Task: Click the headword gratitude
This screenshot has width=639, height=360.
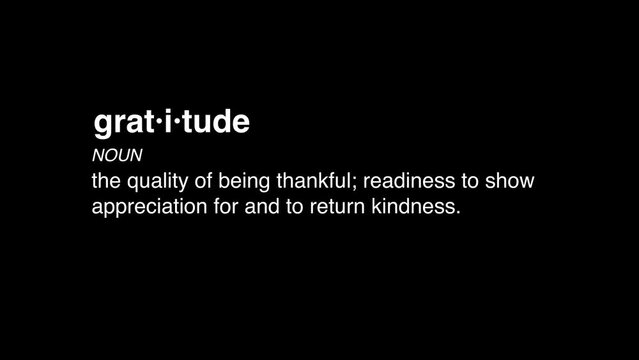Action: tap(171, 123)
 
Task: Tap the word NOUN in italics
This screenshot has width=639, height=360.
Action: tap(117, 156)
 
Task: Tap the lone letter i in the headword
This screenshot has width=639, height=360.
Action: tap(168, 122)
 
